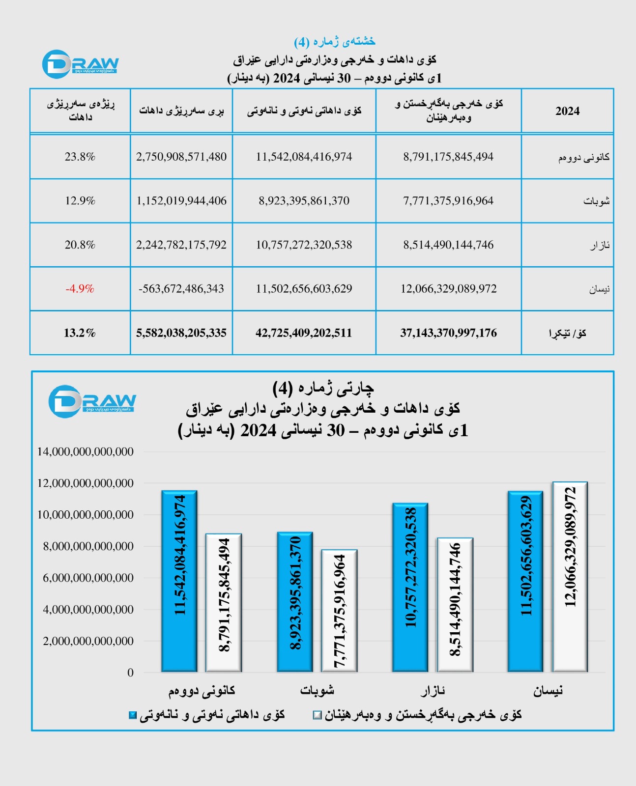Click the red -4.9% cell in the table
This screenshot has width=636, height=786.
tap(80, 289)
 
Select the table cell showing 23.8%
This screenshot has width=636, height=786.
tap(80, 157)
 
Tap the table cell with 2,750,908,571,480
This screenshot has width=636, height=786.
tap(181, 157)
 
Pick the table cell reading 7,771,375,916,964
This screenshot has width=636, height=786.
tap(448, 201)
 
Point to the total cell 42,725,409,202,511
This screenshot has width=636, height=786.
tap(304, 333)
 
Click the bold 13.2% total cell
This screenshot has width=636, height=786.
tap(80, 333)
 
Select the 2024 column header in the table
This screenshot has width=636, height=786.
tap(567, 111)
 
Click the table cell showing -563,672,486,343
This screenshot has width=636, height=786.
tap(181, 289)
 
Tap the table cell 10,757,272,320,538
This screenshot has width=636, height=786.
tap(304, 245)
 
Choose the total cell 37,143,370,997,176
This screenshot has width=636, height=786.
tap(448, 333)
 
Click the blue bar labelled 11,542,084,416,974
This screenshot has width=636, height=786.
tap(179, 581)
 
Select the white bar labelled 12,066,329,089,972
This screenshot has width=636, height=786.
tap(570, 577)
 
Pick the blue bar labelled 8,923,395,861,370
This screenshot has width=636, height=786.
tap(295, 602)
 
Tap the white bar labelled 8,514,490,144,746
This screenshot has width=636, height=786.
tap(455, 605)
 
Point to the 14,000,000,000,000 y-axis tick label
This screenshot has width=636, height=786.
tap(86, 451)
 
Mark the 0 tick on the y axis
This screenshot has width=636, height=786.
tap(130, 673)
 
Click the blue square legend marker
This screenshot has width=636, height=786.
tap(133, 715)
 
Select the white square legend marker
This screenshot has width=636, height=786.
tap(318, 715)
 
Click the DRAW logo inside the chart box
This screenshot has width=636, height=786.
tap(92, 401)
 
